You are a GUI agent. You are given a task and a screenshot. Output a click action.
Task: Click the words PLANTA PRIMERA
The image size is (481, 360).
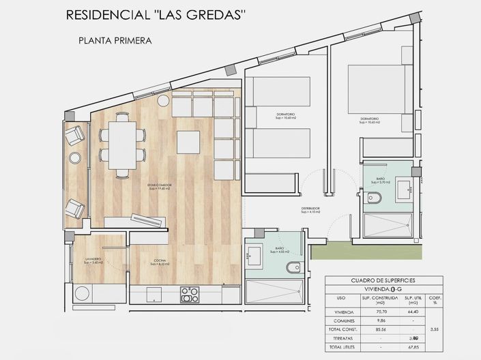click(115, 40)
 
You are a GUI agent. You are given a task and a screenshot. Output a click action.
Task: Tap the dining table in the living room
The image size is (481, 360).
click(123, 145)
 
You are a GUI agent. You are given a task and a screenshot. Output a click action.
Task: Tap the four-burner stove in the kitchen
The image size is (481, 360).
click(189, 295)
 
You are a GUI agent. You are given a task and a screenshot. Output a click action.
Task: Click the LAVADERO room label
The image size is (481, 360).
click(94, 260)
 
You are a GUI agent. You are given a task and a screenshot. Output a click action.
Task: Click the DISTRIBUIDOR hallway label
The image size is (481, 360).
click(311, 209)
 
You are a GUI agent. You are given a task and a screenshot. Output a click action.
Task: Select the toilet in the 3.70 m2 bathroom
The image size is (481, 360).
click(374, 198)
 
